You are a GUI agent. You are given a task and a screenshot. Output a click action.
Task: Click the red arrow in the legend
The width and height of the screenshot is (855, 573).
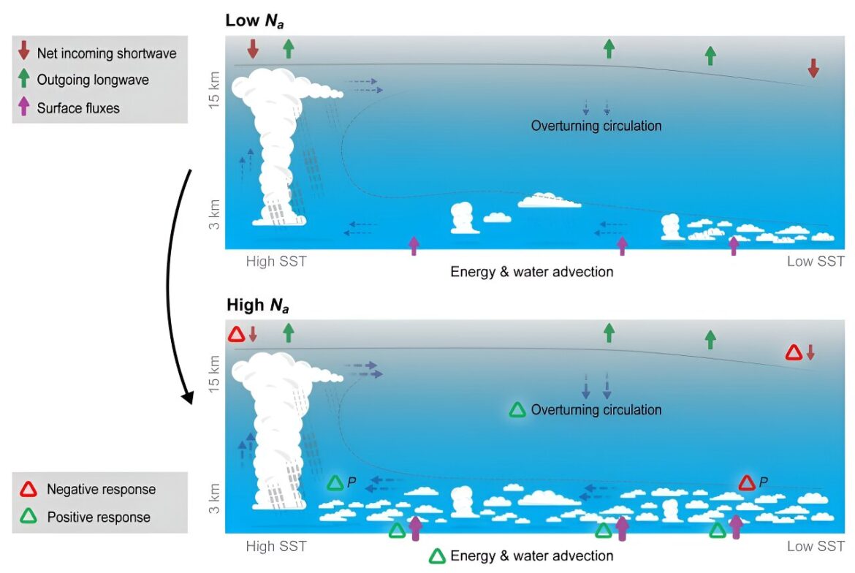23,50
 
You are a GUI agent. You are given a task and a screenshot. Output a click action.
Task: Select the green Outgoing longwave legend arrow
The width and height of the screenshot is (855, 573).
23,77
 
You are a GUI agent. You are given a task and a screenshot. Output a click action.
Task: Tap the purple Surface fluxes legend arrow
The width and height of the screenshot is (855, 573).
23,106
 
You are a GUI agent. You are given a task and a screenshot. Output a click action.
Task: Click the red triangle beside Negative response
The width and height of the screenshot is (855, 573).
28,490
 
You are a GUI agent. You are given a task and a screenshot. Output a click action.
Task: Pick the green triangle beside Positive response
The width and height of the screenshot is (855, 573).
28,516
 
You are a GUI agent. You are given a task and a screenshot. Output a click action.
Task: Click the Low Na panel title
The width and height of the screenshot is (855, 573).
254,20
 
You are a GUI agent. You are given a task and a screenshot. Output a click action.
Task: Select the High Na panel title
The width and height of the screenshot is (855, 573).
257,306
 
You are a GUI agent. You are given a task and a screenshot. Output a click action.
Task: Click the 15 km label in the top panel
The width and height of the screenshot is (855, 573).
214,89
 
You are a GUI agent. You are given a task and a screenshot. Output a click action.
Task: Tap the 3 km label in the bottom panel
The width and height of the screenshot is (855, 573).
214,498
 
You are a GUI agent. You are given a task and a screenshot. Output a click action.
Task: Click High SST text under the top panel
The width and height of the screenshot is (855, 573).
276,262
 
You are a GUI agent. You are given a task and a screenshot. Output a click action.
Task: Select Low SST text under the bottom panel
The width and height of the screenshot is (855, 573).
816,546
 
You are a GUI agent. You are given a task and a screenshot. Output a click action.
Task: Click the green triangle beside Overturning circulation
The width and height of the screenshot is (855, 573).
517,411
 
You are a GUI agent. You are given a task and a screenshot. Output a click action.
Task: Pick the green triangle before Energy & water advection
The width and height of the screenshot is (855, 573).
437,556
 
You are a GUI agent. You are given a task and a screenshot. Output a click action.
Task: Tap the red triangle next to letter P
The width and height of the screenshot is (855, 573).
747,483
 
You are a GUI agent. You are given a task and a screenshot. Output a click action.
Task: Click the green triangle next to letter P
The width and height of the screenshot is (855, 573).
335,483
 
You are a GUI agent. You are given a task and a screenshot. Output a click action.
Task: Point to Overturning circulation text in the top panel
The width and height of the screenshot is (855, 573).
596,126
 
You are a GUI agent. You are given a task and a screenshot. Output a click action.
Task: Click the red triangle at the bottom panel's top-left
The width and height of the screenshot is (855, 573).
236,334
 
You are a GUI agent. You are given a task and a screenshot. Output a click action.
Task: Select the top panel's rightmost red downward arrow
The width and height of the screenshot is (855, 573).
813,68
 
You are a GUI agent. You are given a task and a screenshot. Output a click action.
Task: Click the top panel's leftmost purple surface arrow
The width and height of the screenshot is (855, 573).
414,246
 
